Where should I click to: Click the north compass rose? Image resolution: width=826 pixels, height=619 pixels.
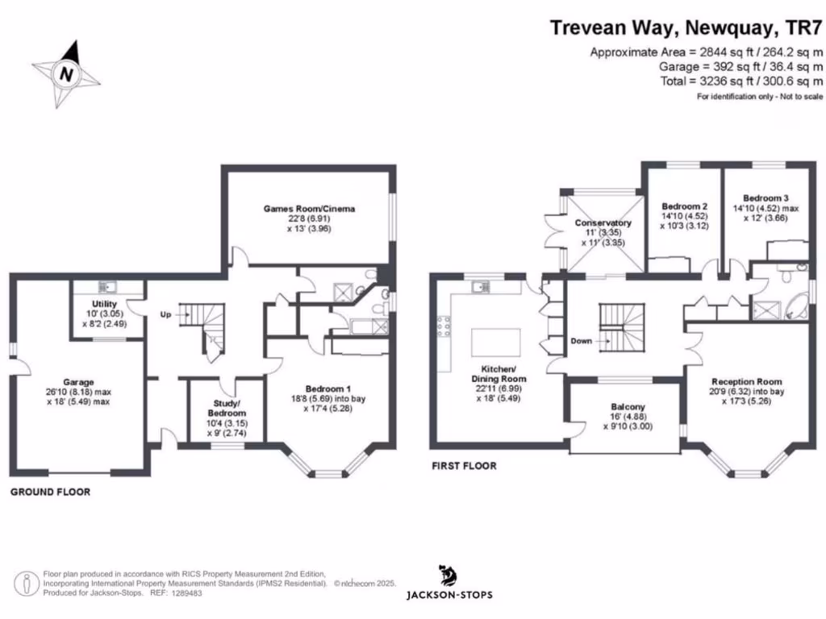tap(67, 74)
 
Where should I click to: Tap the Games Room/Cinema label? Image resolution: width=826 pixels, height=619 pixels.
tap(309, 209)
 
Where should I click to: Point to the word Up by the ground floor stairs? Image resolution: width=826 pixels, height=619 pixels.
tap(165, 314)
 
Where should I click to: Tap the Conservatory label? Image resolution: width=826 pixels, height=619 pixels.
tap(602, 223)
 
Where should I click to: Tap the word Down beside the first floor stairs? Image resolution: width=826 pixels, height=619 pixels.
tap(581, 341)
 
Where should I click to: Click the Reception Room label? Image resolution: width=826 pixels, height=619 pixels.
tap(746, 381)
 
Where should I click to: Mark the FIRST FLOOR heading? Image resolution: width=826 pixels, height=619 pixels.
tap(464, 466)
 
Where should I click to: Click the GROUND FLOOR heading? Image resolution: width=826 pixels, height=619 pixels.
tap(50, 492)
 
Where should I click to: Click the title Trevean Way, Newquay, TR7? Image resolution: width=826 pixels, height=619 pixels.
tap(686, 28)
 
